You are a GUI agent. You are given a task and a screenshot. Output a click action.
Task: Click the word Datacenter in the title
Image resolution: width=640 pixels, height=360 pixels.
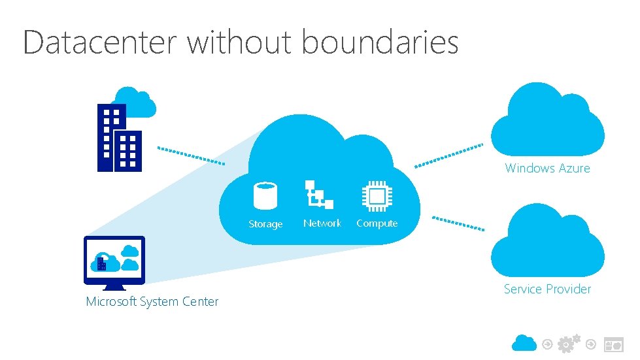coord(100,42)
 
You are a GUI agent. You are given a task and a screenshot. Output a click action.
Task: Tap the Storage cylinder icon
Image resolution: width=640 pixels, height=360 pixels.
coord(265,195)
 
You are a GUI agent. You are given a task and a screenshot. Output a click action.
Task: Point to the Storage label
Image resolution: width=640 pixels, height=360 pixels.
coord(265,224)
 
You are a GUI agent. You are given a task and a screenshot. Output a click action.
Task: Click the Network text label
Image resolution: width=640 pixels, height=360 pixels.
coord(322,223)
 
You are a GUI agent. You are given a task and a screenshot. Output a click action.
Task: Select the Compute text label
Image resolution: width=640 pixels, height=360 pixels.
coord(377,223)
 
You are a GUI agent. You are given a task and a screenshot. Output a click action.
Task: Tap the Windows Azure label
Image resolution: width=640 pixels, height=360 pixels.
coord(547,169)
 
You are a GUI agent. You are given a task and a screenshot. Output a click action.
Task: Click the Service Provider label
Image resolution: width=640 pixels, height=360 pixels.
coord(547,289)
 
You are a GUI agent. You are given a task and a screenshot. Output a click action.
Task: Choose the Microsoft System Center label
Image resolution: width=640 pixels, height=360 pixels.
coord(152,301)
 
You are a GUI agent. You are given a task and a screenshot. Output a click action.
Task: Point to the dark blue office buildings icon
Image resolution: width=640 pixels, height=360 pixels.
coord(119,139)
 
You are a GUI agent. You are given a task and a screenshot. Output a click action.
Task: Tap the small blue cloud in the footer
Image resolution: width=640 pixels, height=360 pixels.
coord(524,342)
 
